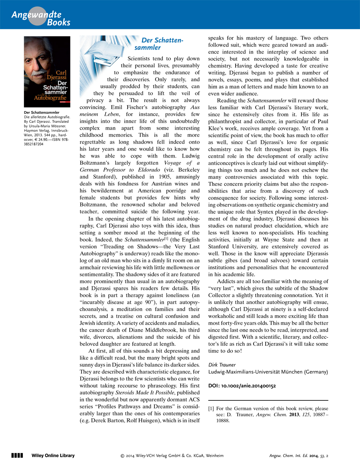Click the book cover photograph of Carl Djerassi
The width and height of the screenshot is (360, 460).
pyautogui.click(x=47, y=72)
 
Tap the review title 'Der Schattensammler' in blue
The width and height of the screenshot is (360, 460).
pyautogui.click(x=162, y=44)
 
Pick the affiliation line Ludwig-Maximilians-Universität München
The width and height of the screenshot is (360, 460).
pyautogui.click(x=268, y=372)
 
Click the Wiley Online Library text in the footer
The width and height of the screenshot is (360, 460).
pyautogui.click(x=53, y=455)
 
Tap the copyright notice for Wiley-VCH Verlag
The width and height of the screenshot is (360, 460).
pyautogui.click(x=172, y=455)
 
